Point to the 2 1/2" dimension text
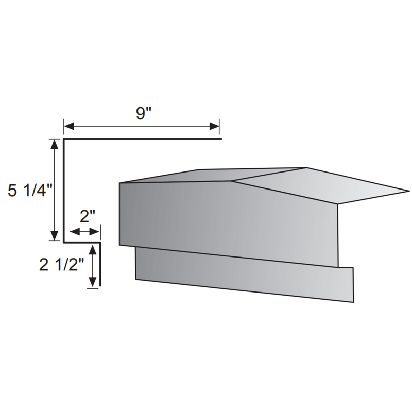point(61,265)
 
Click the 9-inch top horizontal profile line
point(144,139)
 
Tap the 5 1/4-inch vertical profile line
point(63,191)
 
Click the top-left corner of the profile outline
point(64,139)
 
